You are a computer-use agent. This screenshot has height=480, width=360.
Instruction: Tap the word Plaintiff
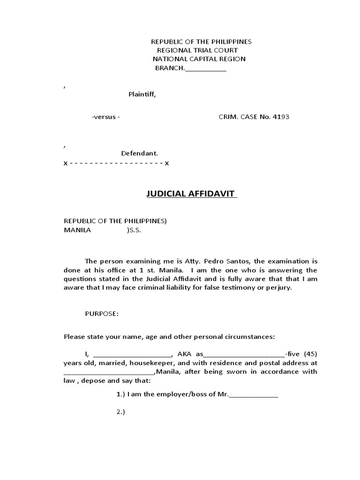[x=142, y=94]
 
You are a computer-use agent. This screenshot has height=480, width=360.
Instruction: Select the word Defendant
[x=140, y=153]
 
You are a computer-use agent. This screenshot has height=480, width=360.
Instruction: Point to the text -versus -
[x=106, y=117]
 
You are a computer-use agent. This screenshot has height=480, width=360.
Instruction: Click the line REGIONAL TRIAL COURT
[x=197, y=50]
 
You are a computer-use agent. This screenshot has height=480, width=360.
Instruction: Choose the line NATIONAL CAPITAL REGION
[x=199, y=59]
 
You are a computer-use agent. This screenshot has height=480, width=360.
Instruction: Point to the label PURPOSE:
[x=102, y=314]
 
